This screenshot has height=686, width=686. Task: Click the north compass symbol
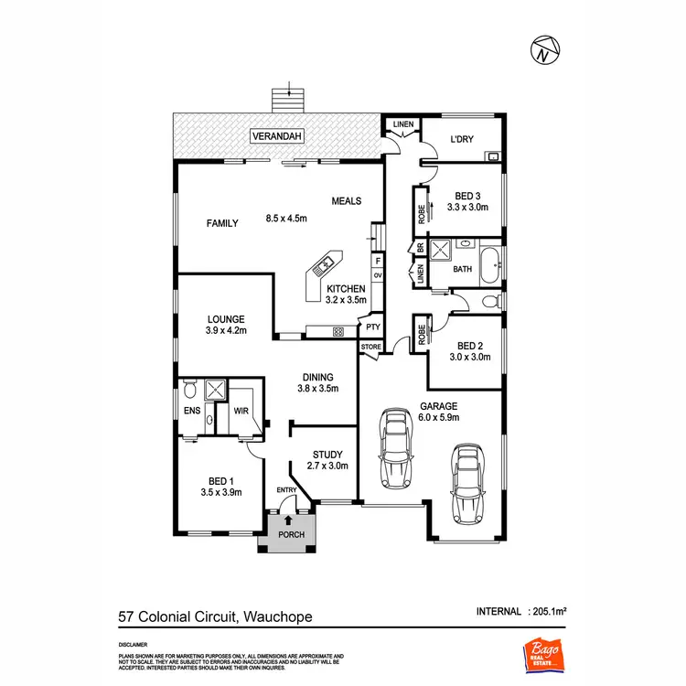click(545, 50)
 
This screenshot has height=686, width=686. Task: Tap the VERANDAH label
click(278, 138)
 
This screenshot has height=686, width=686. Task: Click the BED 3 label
click(467, 195)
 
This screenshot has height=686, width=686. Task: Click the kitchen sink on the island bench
click(325, 266)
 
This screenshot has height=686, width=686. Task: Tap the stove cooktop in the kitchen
click(338, 332)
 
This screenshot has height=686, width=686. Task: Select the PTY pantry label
click(372, 327)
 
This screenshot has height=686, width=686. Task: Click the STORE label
click(370, 348)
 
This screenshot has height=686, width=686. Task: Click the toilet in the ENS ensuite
click(189, 386)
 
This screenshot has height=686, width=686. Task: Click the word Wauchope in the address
click(277, 616)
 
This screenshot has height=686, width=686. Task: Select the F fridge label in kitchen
click(376, 261)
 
